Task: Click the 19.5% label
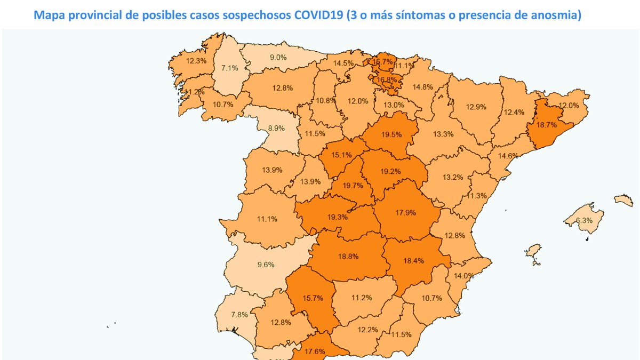(x=392, y=135)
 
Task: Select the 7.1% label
(x=229, y=68)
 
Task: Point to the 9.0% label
(x=278, y=58)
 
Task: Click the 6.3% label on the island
(x=585, y=221)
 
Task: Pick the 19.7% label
(x=353, y=186)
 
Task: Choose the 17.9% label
(x=405, y=212)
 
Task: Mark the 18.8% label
(x=348, y=256)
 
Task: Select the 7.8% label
(x=239, y=315)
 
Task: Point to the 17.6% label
(x=316, y=351)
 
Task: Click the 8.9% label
(x=277, y=129)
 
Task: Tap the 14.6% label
(x=508, y=156)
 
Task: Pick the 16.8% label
(x=387, y=80)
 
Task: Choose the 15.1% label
(x=341, y=155)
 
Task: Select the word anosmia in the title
(x=555, y=15)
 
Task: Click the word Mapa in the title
(x=50, y=15)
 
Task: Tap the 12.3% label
(x=196, y=61)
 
